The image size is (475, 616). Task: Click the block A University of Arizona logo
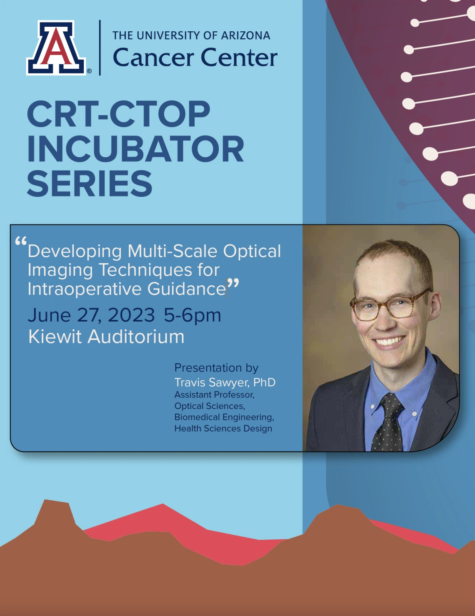[56, 48]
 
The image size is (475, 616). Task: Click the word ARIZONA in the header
[245, 35]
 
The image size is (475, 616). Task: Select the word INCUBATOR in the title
[135, 149]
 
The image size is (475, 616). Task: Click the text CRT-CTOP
[119, 114]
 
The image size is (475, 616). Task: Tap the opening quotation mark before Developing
[21, 241]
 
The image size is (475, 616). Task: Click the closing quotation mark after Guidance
[233, 284]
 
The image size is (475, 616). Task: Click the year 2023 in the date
[131, 315]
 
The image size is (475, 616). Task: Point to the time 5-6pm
[192, 316]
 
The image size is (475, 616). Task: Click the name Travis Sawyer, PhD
[225, 382]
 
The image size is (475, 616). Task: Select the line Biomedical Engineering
[224, 417]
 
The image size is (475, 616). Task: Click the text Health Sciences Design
[223, 428]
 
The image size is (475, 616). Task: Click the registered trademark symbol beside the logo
[89, 71]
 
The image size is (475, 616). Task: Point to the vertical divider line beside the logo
[100, 48]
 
